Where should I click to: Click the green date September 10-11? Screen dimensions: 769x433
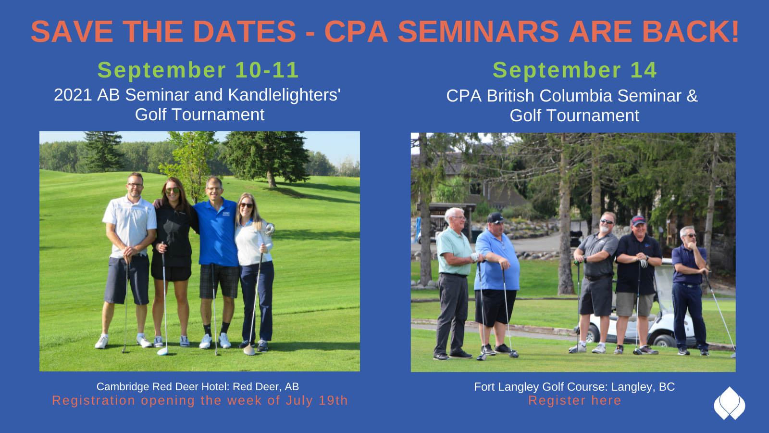198,70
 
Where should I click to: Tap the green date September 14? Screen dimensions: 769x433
575,70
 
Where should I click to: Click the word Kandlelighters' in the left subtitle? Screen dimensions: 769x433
284,95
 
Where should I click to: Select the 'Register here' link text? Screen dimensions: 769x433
575,400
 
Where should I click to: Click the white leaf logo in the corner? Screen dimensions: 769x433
730,404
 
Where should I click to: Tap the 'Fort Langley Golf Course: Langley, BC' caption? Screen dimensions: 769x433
574,387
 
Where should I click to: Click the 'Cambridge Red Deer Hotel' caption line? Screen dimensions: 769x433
198,387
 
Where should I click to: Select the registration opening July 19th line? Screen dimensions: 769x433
200,400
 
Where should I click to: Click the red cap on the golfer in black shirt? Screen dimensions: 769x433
638,220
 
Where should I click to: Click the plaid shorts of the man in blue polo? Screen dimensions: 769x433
219,281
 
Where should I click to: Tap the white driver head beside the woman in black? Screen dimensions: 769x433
162,351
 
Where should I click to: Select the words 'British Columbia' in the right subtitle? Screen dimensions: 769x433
550,96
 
